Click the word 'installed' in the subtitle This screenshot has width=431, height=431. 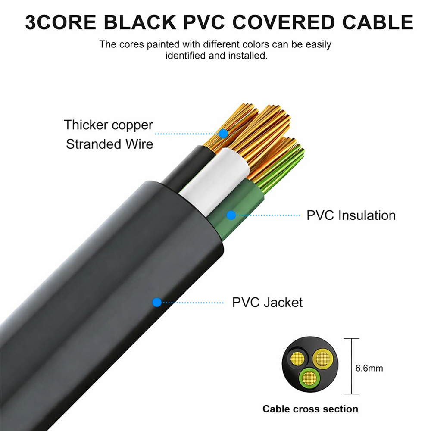pos(245,56)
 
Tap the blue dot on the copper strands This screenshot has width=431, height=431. pos(223,134)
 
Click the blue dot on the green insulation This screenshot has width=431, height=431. pos(231,215)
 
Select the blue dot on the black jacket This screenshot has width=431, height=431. pos(157,302)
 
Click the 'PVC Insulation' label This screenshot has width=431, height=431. pos(351,215)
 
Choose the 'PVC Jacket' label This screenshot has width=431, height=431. pos(267,302)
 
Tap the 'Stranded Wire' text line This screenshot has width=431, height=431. pos(109,144)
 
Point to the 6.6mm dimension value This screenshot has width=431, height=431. pos(369,369)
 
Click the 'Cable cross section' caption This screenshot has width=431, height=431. pos(310,409)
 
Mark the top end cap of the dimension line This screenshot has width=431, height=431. pos(352,339)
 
